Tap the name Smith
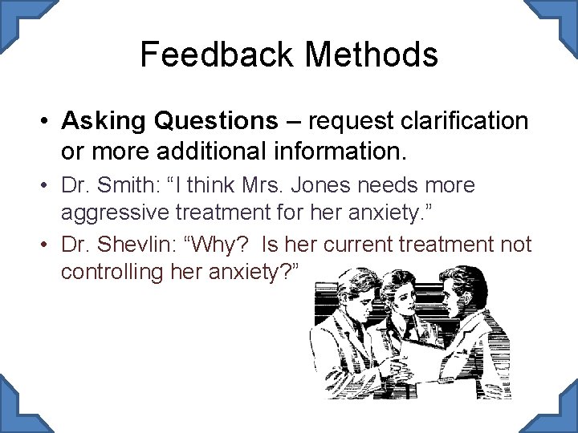pos(131,186)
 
